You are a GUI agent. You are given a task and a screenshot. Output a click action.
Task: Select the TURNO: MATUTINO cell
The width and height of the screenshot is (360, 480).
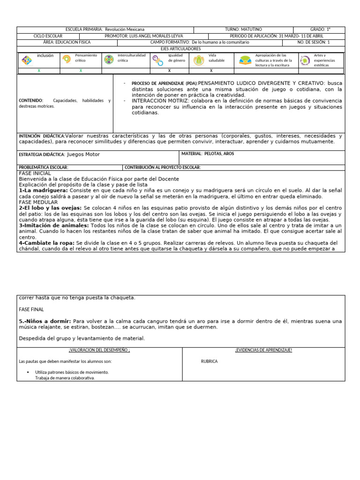[243, 30]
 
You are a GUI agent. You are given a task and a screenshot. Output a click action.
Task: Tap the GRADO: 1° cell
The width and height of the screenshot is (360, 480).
[320, 30]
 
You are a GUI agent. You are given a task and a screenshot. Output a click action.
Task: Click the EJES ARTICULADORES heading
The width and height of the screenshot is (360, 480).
[180, 49]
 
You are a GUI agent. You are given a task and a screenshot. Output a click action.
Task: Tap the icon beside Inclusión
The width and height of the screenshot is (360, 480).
[27, 60]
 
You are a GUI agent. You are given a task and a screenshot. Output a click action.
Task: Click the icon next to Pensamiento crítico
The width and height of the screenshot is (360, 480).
[67, 60]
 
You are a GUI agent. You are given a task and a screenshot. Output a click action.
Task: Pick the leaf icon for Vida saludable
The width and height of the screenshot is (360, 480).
[199, 60]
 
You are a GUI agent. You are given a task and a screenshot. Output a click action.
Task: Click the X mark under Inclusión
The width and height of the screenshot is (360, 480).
[39, 71]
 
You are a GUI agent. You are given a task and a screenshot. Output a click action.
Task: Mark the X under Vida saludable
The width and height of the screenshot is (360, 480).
[211, 71]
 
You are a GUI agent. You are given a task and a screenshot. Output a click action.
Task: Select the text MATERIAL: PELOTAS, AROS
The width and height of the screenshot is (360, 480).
[208, 154]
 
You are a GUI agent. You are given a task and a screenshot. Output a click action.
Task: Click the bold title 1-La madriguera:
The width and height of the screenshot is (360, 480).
[39, 191]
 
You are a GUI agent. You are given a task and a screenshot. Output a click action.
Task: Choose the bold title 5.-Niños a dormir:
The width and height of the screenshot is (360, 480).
[45, 321]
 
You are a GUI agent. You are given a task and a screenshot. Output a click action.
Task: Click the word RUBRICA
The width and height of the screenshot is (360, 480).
[209, 361]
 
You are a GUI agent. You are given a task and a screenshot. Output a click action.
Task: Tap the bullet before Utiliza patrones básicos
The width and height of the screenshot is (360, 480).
[29, 372]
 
